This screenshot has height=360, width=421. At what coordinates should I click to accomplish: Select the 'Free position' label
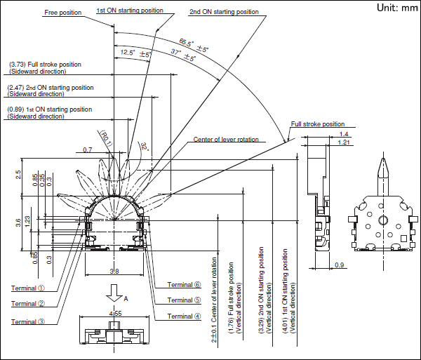click(x=62, y=12)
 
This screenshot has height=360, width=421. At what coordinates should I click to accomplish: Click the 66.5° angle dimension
click(x=193, y=45)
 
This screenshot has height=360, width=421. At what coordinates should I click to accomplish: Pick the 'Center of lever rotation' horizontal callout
click(x=226, y=140)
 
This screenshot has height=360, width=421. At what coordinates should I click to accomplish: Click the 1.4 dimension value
click(x=343, y=133)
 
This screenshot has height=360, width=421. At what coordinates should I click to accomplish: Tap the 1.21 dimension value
click(x=344, y=142)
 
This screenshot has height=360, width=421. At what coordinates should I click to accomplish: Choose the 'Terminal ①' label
click(x=28, y=288)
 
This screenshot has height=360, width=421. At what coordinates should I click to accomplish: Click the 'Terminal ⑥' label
click(x=184, y=285)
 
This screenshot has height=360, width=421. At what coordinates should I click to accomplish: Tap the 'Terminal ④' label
click(x=184, y=316)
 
